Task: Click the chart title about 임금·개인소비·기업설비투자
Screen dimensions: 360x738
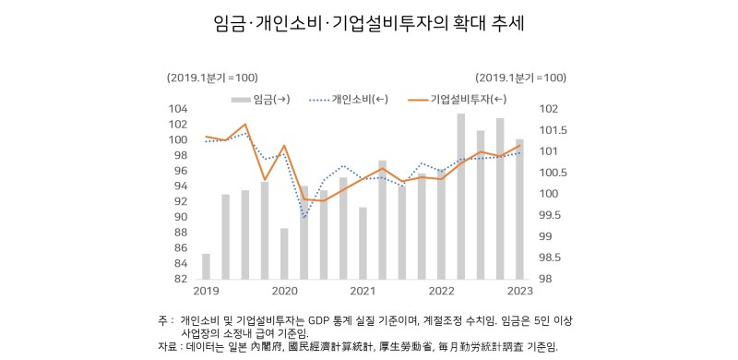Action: point(369,23)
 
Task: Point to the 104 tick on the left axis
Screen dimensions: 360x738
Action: point(178,109)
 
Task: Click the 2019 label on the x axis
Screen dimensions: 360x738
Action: point(207,292)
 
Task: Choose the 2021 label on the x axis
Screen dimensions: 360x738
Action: point(363,292)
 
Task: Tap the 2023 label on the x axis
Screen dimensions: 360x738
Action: point(519,292)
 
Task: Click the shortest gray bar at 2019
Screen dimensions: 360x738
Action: point(206,266)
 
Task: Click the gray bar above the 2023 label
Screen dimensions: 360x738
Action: point(519,209)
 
